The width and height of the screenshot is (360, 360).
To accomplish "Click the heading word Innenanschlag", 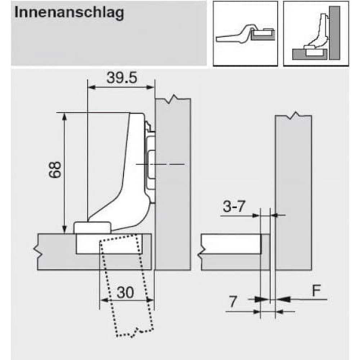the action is coord(69,13).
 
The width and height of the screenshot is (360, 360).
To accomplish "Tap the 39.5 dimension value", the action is coord(122,78).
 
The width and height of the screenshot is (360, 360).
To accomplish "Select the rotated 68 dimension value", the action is coord(55,170).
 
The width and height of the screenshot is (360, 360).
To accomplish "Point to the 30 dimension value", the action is coord(125,292).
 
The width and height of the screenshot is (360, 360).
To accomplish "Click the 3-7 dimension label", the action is coord(234,206).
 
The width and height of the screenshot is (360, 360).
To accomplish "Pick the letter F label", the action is coord(316,291).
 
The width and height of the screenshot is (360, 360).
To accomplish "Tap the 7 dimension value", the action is coord(233,301).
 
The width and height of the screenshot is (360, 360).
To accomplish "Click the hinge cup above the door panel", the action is coord(92,228).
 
